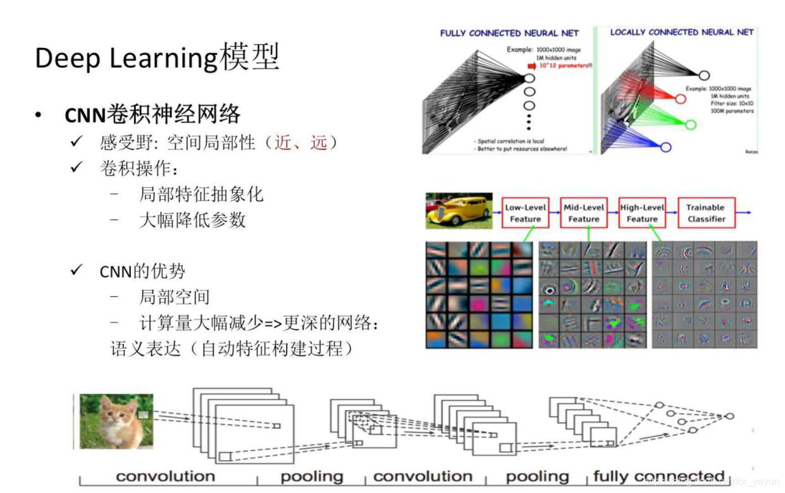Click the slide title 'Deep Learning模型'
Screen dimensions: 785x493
click(x=157, y=58)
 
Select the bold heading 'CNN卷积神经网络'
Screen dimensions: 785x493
click(x=152, y=114)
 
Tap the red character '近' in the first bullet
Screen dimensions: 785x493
click(x=283, y=143)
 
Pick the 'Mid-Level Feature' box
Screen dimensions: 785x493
click(x=583, y=213)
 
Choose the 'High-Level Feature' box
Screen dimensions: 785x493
click(x=642, y=213)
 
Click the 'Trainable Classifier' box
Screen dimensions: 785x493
click(x=705, y=213)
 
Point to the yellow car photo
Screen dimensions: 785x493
click(x=459, y=210)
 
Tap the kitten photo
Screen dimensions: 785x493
click(x=117, y=421)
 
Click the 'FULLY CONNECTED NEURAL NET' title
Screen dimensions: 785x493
click(x=509, y=33)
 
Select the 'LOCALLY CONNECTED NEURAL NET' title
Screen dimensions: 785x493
click(x=681, y=32)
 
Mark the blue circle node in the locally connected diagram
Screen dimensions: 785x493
click(x=665, y=147)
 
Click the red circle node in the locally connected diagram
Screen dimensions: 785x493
click(x=680, y=99)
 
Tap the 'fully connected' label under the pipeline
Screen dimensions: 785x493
click(x=658, y=477)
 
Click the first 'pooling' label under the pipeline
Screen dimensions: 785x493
click(x=312, y=477)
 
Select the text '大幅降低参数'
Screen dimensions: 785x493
click(x=192, y=220)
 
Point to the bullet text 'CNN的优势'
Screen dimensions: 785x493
click(x=142, y=271)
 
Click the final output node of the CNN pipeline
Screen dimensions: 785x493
click(x=729, y=417)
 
